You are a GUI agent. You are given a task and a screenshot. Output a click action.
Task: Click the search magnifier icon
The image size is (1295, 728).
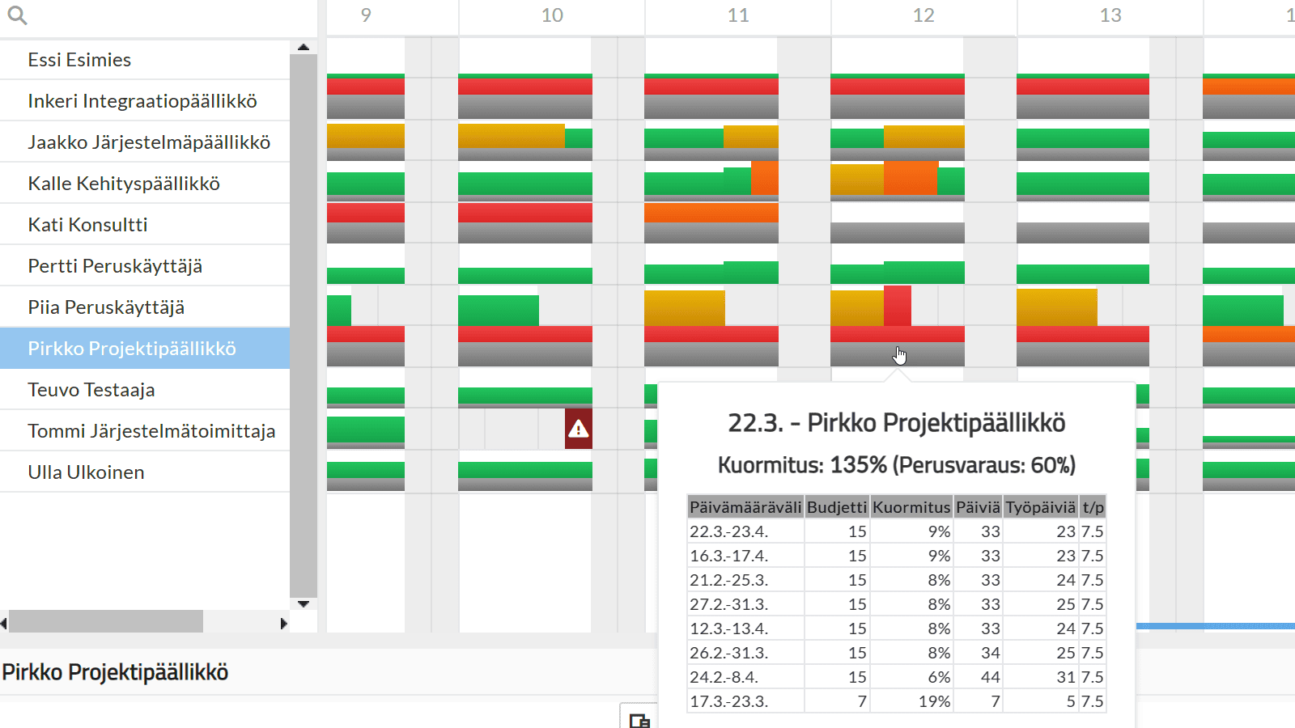click(17, 15)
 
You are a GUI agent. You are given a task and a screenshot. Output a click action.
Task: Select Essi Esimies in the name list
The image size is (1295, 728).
click(79, 60)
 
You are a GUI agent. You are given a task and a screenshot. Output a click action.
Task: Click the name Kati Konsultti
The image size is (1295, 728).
click(87, 225)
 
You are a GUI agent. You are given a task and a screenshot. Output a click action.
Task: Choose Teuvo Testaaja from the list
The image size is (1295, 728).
click(91, 390)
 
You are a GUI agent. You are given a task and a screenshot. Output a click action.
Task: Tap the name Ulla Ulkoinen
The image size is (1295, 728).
click(86, 472)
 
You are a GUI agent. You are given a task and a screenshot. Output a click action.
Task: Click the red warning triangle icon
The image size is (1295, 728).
click(578, 430)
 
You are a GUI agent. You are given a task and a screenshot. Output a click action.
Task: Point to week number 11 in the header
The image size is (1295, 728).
click(737, 15)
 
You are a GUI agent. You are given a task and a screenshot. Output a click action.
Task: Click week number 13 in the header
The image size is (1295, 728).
click(1110, 15)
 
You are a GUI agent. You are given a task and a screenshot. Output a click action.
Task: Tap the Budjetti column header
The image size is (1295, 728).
click(837, 507)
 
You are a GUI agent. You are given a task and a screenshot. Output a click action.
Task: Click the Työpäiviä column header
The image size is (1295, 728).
click(1041, 507)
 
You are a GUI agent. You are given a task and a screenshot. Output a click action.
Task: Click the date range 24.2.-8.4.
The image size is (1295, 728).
click(724, 677)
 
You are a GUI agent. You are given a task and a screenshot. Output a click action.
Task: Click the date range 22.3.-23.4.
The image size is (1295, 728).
click(728, 531)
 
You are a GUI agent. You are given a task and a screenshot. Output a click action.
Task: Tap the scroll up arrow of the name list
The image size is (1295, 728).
click(304, 48)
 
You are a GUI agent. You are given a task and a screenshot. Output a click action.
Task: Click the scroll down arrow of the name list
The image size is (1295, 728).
click(304, 604)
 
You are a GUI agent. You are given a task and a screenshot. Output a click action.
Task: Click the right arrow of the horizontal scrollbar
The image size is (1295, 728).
click(283, 624)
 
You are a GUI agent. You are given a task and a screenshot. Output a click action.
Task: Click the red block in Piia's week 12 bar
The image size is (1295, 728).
click(898, 307)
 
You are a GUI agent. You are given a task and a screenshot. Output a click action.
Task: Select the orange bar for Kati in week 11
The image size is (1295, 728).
click(711, 213)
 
